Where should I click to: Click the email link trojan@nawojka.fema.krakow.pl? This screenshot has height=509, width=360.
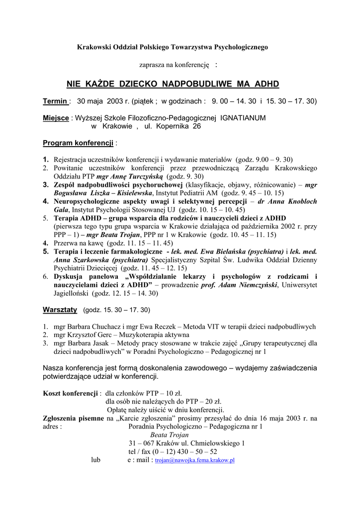194,461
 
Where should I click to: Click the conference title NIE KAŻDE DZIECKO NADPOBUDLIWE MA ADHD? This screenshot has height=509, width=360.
173,84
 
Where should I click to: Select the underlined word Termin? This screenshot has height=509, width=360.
55,101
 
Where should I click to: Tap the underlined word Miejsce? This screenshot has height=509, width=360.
56,118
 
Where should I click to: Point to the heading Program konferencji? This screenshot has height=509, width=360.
78,143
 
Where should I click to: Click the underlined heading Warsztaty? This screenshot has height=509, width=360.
60,310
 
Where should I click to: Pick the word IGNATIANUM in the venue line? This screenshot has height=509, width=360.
243,118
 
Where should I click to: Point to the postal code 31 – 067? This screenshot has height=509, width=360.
141,443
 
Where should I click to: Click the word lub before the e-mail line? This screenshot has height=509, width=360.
96,460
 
